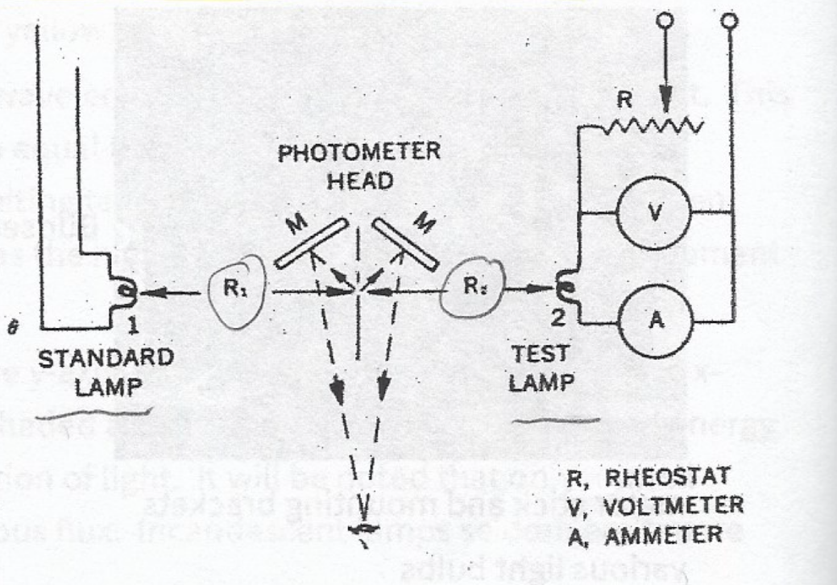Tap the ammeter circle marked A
[x=653, y=318]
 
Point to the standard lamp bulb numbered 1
[x=126, y=291]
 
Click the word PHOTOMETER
[x=358, y=154]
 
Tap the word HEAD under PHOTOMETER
[x=360, y=180]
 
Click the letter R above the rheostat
[x=624, y=102]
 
